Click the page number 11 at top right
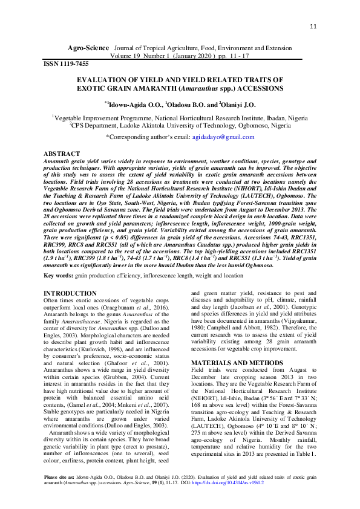[313, 27]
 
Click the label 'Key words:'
[58, 276]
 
